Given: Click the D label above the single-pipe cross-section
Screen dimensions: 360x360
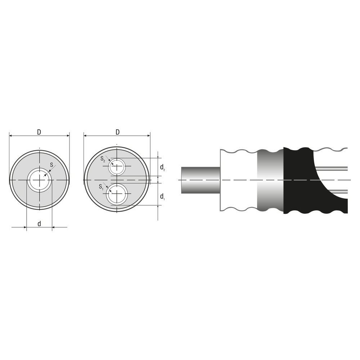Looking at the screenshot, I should point(39,132).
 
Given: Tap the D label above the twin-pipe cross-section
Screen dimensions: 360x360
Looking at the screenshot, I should point(117,132).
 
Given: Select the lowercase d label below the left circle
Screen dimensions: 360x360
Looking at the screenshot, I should point(39,224).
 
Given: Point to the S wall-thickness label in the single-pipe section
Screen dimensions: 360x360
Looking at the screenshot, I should point(52,165).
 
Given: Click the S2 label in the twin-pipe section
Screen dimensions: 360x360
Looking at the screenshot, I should point(103,159).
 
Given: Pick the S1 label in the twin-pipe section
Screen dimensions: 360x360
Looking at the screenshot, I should point(101,186).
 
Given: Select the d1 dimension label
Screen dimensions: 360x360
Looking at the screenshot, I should point(163,196).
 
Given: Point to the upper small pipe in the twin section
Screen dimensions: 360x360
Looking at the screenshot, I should point(117,166).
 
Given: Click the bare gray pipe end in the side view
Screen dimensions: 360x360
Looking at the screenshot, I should point(200,179).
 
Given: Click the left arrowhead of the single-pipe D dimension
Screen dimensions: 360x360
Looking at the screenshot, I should point(11,136).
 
